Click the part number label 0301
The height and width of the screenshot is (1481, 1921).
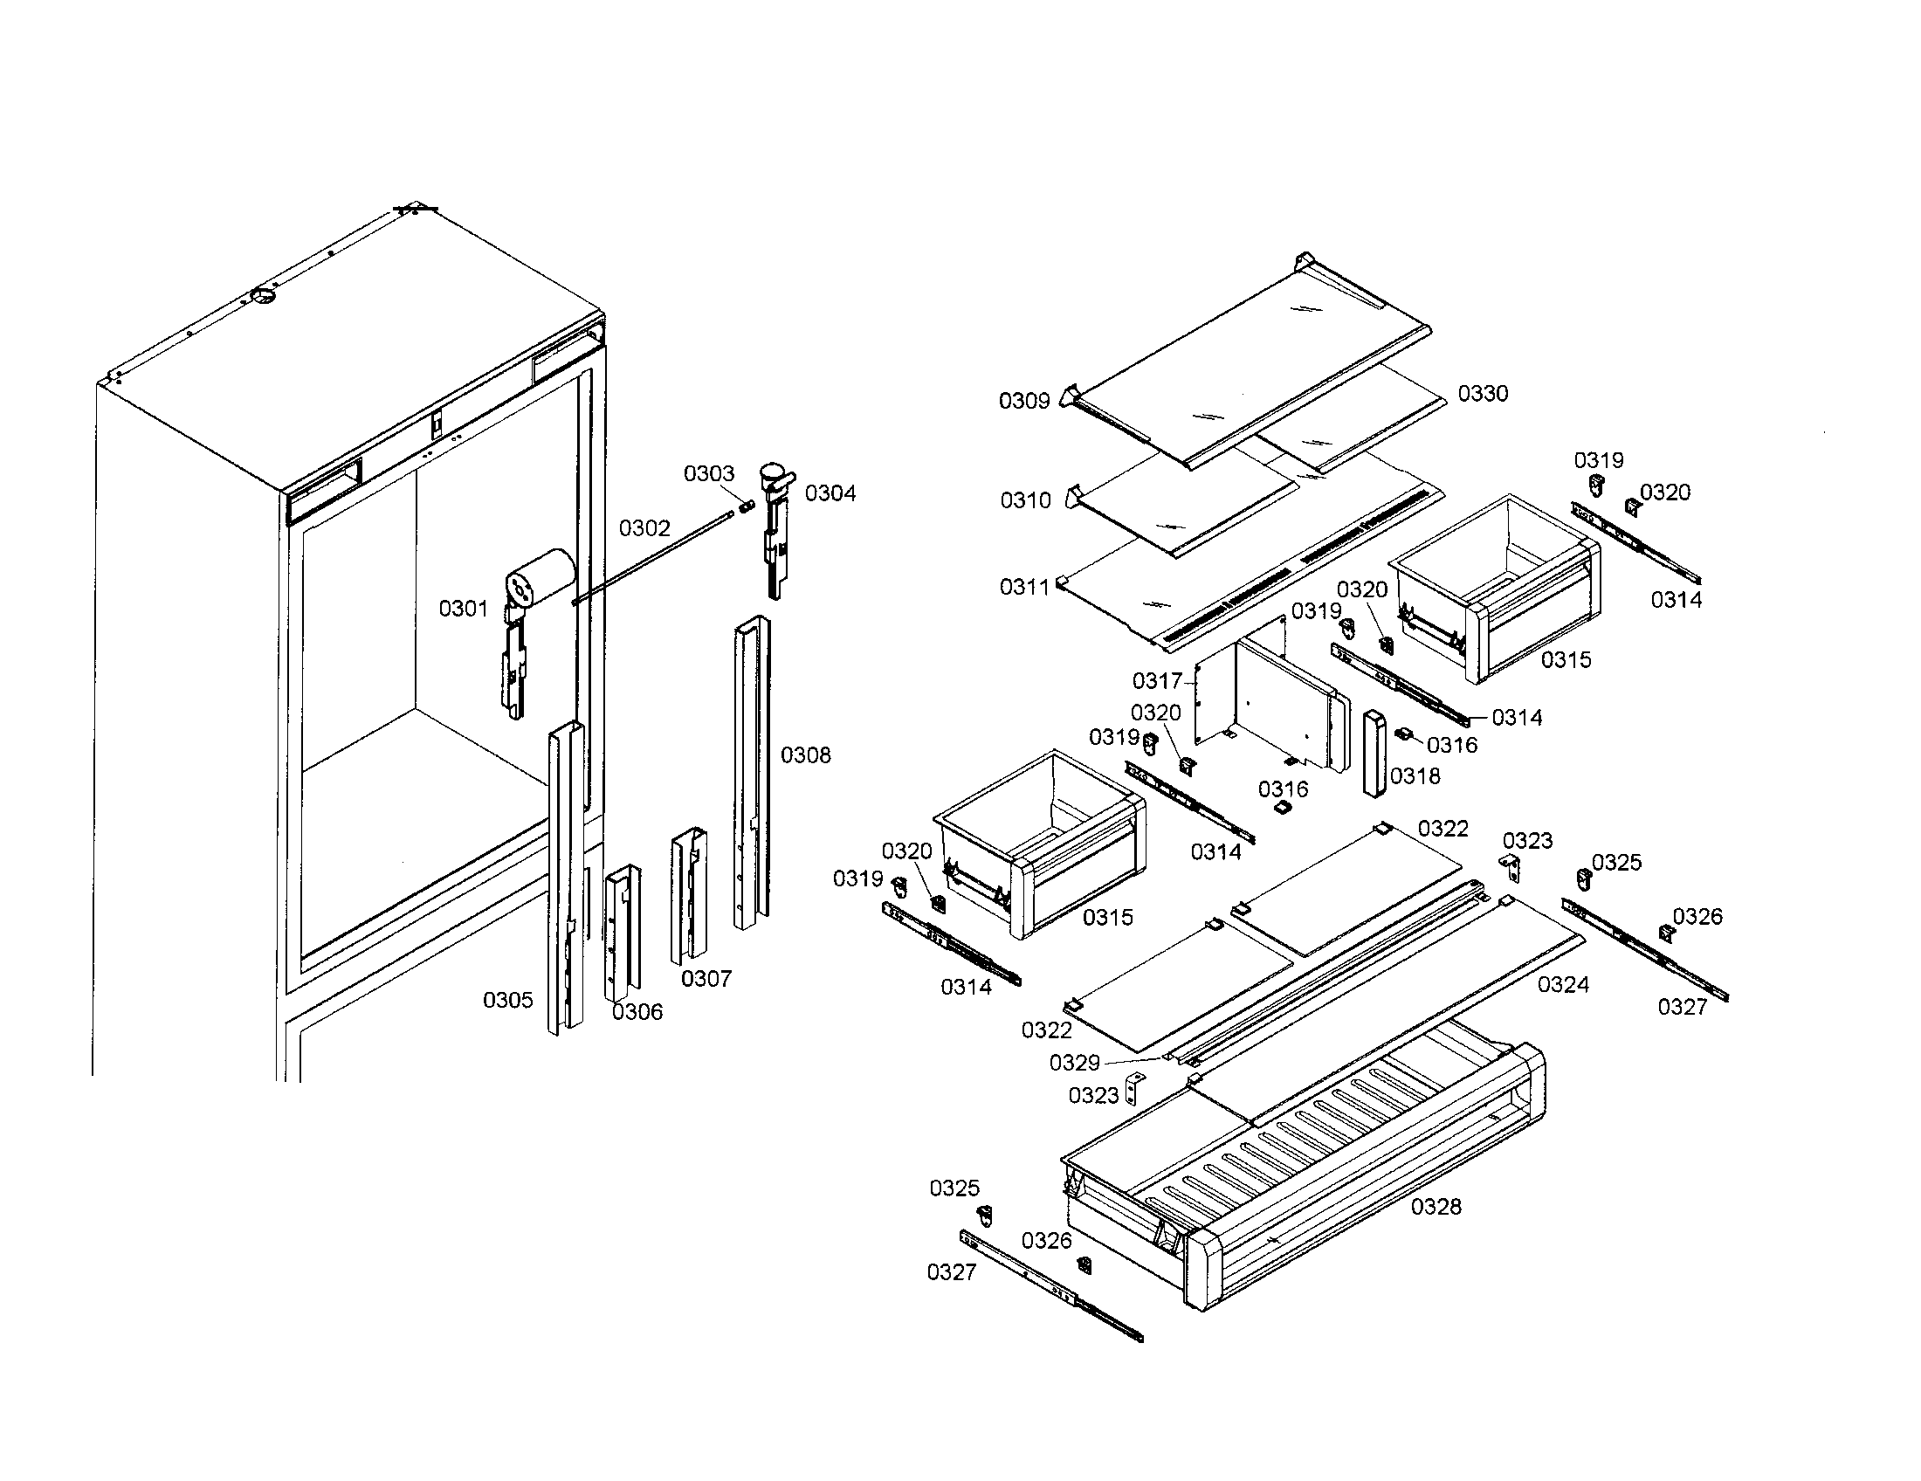click(463, 608)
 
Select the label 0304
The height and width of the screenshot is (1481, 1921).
click(830, 493)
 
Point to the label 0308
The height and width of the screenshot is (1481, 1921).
click(805, 754)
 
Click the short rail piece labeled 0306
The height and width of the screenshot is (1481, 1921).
click(622, 932)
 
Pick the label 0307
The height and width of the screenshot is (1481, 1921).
click(706, 979)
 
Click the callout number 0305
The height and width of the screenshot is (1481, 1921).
click(507, 1000)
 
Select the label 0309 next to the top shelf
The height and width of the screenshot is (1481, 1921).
click(1024, 401)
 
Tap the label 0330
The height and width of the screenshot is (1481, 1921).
click(1483, 394)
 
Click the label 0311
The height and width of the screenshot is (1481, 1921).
click(1025, 587)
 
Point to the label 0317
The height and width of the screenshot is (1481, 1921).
click(1157, 681)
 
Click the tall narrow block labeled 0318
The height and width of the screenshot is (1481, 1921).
click(1373, 753)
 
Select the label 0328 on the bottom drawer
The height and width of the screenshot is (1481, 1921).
click(1436, 1207)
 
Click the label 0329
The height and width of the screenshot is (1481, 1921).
click(1074, 1064)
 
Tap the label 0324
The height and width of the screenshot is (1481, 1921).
click(1563, 985)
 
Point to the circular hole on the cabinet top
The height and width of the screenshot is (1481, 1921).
click(262, 294)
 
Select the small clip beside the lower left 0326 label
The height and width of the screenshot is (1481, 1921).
click(1084, 1264)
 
